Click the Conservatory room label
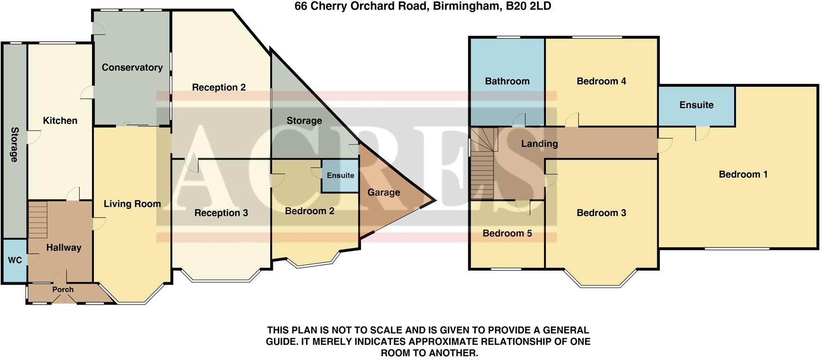[132, 67]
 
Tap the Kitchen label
[60, 120]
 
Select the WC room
[15, 260]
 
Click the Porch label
[63, 289]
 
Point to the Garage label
[383, 192]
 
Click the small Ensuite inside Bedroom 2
[340, 175]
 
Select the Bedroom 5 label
[507, 233]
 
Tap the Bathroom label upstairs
[507, 81]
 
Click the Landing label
[539, 144]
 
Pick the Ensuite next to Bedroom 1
[696, 105]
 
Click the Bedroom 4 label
[601, 81]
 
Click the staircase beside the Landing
[482, 168]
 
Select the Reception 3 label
[221, 213]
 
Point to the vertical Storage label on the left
[14, 144]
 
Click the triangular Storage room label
[304, 120]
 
